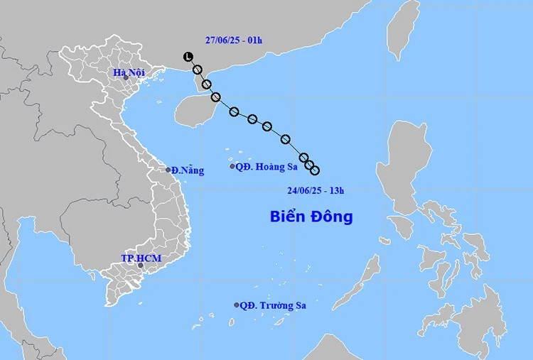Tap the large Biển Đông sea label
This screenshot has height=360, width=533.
tap(311, 217)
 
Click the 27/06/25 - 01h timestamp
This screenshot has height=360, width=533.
tap(231, 40)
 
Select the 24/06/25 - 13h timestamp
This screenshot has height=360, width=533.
tap(316, 190)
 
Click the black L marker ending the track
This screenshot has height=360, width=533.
tap(188, 57)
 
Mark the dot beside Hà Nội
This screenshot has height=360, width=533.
tap(126, 78)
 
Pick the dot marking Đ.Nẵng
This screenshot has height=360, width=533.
tap(168, 170)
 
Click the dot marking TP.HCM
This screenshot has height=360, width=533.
tap(141, 266)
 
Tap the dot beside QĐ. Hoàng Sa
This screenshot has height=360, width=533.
tap(232, 166)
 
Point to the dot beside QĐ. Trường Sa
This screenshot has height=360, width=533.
tap(237, 305)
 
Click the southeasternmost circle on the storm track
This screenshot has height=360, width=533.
tap(315, 170)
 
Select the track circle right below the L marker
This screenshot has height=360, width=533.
tap(198, 70)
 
